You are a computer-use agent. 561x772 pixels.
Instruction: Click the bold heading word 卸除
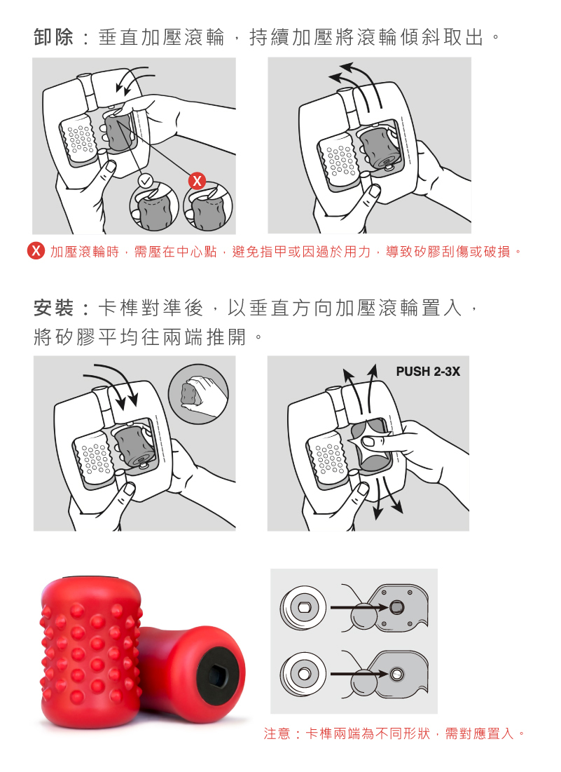[x=54, y=37]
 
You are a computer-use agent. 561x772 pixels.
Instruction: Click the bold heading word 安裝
[x=54, y=309]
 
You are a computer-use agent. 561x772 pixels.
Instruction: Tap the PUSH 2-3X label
[x=428, y=371]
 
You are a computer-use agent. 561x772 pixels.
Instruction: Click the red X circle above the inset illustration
[x=198, y=181]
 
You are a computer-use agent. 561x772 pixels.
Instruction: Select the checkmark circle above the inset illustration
[x=146, y=181]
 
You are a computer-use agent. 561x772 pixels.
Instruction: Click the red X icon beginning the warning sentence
[x=36, y=251]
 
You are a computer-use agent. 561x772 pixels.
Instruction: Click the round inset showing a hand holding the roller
[x=199, y=394]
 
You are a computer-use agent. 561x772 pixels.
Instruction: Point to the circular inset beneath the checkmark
[x=154, y=207]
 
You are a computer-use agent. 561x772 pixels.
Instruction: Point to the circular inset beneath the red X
[x=207, y=207]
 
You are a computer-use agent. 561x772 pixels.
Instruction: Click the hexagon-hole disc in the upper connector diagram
[x=303, y=607]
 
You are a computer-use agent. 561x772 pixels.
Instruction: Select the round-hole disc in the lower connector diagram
[x=303, y=673]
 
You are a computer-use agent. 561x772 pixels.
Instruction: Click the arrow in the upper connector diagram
[x=359, y=607]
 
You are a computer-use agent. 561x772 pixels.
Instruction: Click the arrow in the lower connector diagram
[x=359, y=674]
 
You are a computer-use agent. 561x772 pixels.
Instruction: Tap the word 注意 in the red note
[x=277, y=733]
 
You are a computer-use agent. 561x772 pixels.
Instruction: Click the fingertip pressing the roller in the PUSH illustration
[x=369, y=441]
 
